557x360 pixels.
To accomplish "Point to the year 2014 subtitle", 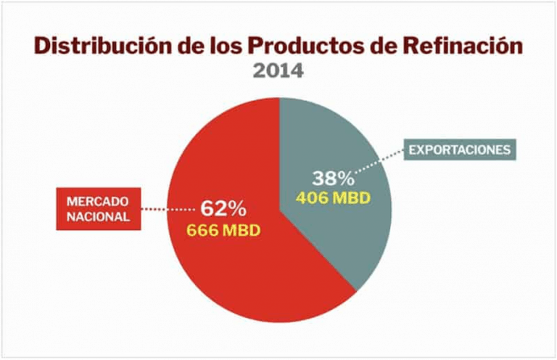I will tap(278, 71).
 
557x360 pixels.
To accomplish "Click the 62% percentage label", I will tap(223, 209).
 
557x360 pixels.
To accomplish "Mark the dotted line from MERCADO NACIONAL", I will tap(167, 208).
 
